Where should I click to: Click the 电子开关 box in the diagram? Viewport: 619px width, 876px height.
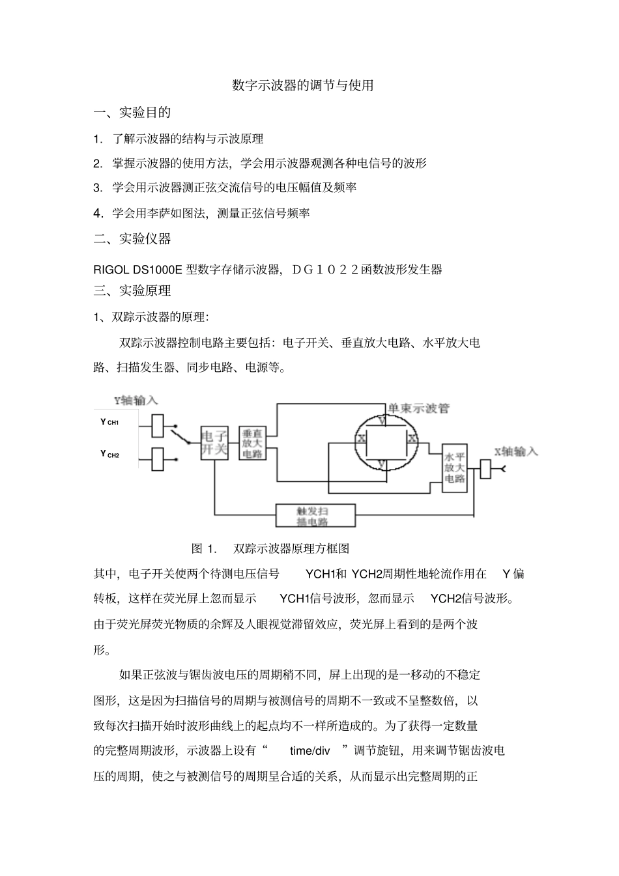click(214, 442)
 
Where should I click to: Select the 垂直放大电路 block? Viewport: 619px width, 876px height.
click(253, 443)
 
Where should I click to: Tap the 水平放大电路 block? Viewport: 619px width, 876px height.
click(455, 468)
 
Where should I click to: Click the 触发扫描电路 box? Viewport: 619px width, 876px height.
click(316, 515)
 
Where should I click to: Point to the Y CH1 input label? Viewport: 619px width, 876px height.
click(109, 422)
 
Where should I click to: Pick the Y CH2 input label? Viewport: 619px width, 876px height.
click(109, 454)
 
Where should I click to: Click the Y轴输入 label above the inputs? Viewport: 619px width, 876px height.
click(136, 400)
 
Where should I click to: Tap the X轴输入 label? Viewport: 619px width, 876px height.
click(515, 451)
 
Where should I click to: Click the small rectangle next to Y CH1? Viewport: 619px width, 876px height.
click(157, 425)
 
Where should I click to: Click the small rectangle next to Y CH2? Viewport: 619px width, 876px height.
click(157, 459)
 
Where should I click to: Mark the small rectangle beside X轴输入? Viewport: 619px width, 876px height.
click(485, 469)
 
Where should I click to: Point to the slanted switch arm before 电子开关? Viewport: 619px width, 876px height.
click(179, 435)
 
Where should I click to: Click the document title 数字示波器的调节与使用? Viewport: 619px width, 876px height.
click(303, 85)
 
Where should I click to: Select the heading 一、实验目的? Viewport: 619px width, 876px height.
click(132, 112)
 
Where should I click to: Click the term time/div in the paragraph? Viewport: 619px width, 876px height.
click(310, 751)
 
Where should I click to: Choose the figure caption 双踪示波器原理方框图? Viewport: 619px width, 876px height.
click(292, 548)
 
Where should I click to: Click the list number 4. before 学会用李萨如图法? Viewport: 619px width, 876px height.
click(98, 213)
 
